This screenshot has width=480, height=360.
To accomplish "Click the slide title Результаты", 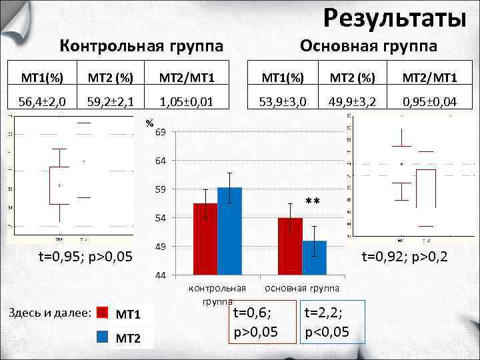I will pos(395,18).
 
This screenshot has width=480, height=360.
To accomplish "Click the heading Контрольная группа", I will pos(141,46).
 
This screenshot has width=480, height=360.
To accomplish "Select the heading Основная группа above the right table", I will pos(369,46).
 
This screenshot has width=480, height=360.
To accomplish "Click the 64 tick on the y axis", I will pos(161,161).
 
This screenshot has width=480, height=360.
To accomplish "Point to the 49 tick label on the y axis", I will pos(161,247).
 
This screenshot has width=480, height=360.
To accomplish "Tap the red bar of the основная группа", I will pos(290,246).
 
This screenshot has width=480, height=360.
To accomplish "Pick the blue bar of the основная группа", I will pos(314,257).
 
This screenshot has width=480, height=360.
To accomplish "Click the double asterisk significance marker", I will pos(313,202).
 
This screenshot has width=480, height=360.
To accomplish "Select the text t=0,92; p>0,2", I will pos(405,256).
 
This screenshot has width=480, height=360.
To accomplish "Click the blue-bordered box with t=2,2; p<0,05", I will pos(332,322).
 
